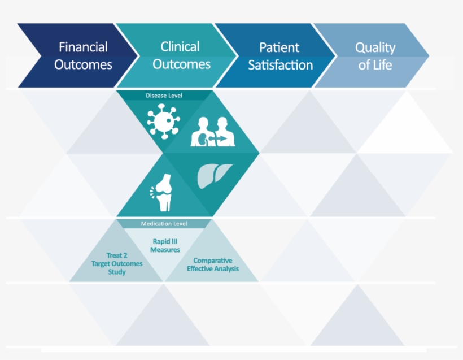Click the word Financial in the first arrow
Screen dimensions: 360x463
point(83,47)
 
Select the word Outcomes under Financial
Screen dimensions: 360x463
point(83,64)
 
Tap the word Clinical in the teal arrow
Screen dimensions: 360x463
point(180,47)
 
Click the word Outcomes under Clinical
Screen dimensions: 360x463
point(181,64)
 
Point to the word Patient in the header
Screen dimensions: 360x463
point(279,47)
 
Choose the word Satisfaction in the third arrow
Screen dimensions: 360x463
point(280,65)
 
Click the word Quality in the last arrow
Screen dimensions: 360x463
point(375,47)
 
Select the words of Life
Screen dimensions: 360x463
point(375,65)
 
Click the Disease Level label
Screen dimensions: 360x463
point(164,96)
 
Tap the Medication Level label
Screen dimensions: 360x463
point(164,224)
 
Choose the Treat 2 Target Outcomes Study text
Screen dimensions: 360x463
point(117,264)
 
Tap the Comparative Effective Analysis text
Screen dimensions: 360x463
point(213,264)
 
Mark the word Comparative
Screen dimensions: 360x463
point(213,261)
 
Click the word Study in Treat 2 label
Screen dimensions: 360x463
point(117,272)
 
